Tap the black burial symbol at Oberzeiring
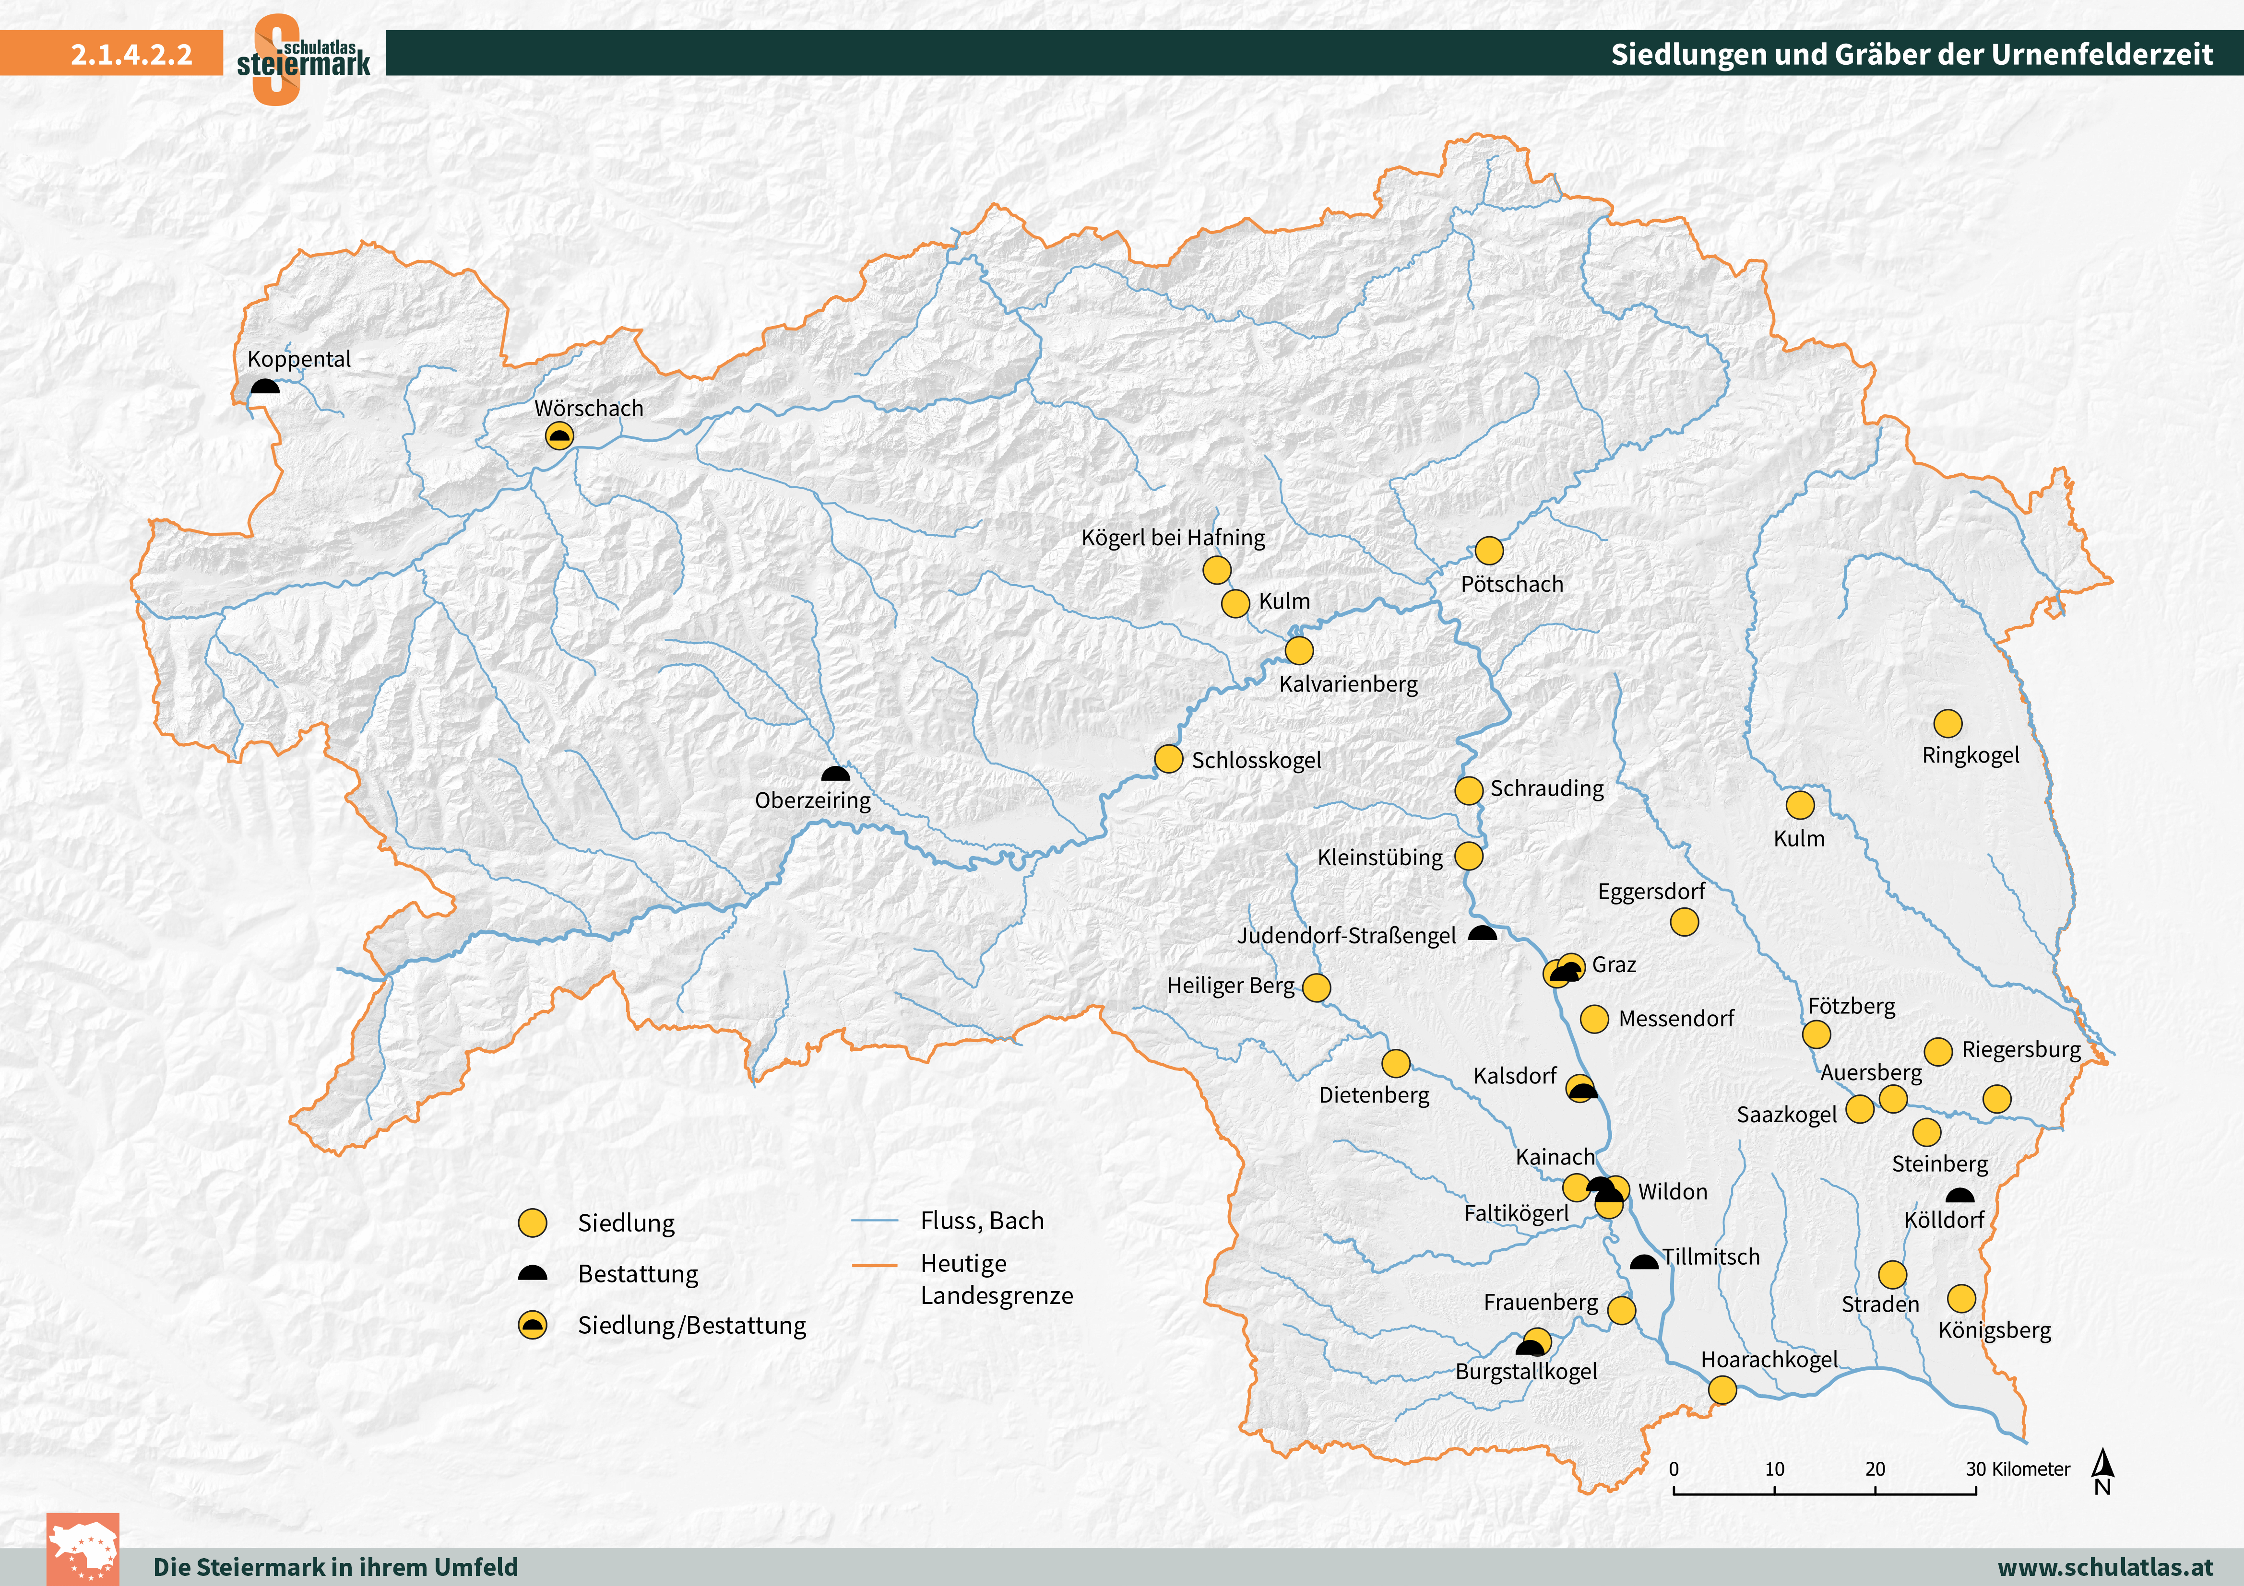point(836,774)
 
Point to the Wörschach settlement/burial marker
point(559,436)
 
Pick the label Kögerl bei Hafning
point(1173,538)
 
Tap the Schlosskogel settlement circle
point(1169,759)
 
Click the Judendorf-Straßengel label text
point(1347,935)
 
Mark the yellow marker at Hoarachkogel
point(1722,1389)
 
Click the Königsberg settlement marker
point(1961,1299)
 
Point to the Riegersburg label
point(2021,1049)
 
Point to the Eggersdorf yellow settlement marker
point(1684,921)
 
